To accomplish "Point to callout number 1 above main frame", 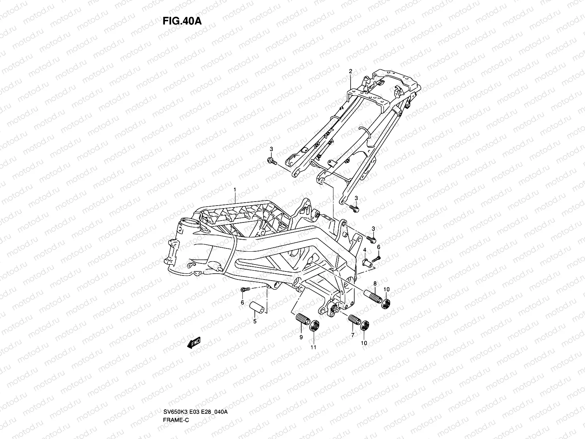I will pyautogui.click(x=235, y=190).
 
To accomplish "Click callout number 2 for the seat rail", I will pyautogui.click(x=350, y=71).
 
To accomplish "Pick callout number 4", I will pyautogui.click(x=365, y=250).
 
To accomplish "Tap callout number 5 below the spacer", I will pyautogui.click(x=255, y=321).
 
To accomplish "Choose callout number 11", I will pyautogui.click(x=313, y=347).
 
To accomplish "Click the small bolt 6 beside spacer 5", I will pyautogui.click(x=245, y=290).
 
